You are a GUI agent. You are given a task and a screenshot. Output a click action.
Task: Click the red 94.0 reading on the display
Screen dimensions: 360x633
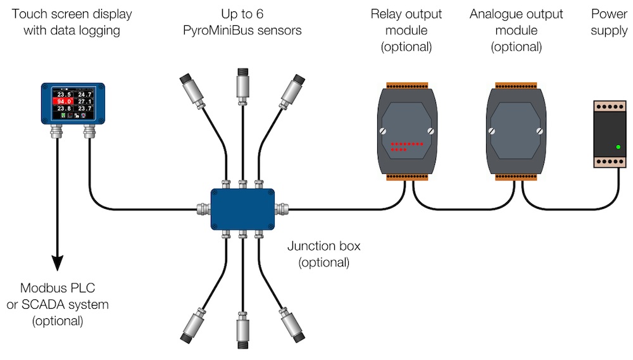63,101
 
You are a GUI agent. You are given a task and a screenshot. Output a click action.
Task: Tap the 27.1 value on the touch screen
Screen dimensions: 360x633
85,101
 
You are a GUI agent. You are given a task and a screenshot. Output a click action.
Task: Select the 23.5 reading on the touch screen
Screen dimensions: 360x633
63,94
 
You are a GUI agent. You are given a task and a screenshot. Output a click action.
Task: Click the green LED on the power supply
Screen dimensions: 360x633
618,147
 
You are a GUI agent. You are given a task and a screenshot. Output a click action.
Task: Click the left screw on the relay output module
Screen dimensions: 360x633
382,132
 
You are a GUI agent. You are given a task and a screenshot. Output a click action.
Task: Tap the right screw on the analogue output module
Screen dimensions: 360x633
539,132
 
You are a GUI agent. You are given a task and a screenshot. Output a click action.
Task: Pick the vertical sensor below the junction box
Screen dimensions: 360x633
241,329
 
